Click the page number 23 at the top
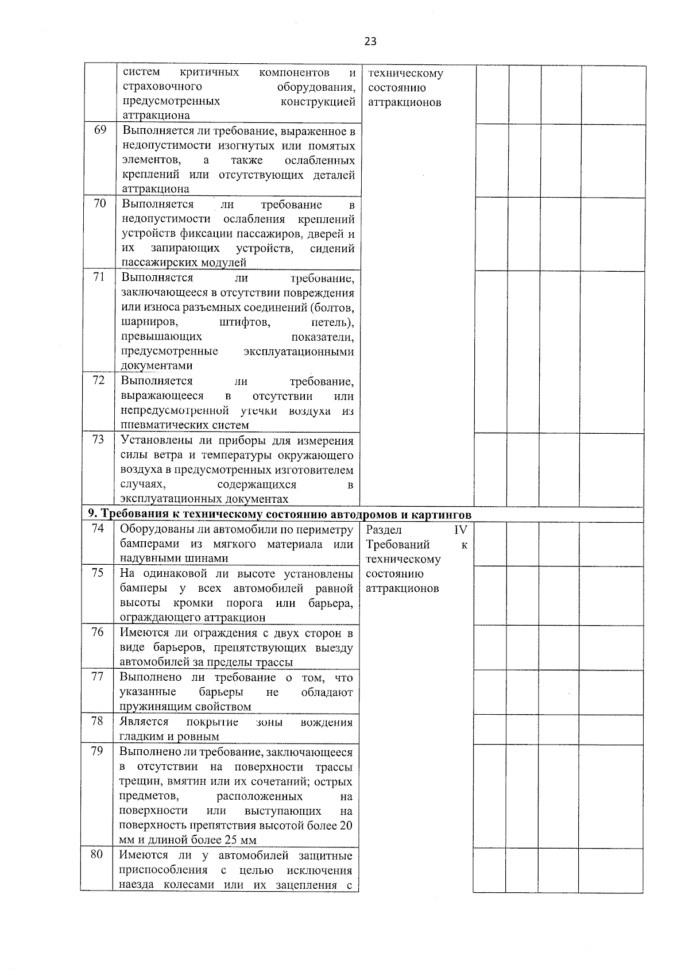[x=370, y=41]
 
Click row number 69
[x=100, y=130]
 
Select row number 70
[x=100, y=203]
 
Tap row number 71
[x=99, y=277]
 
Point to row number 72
[x=99, y=380]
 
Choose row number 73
[x=98, y=440]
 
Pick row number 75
[x=98, y=573]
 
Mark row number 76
[x=98, y=632]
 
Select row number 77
[x=97, y=676]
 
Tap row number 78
[x=97, y=721]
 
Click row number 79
[x=97, y=751]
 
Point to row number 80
[x=96, y=854]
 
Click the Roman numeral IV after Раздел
[x=460, y=530]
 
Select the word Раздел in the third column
[x=384, y=530]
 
